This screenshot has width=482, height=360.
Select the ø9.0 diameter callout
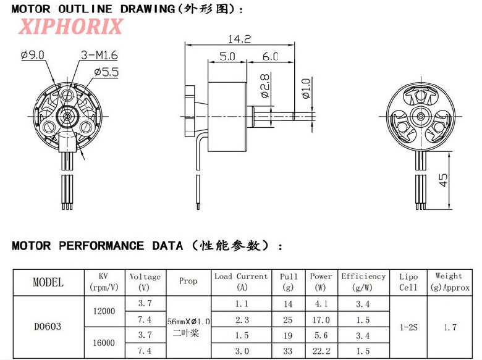pos(33,56)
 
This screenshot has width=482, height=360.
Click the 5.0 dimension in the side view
pos(227,56)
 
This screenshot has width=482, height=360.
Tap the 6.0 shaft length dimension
pos(270,56)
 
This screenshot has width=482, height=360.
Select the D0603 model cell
pos(48,326)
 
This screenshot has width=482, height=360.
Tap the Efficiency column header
pos(363,282)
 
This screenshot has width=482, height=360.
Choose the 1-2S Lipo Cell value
pos(408,327)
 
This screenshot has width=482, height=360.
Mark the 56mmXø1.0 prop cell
pos(188,321)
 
